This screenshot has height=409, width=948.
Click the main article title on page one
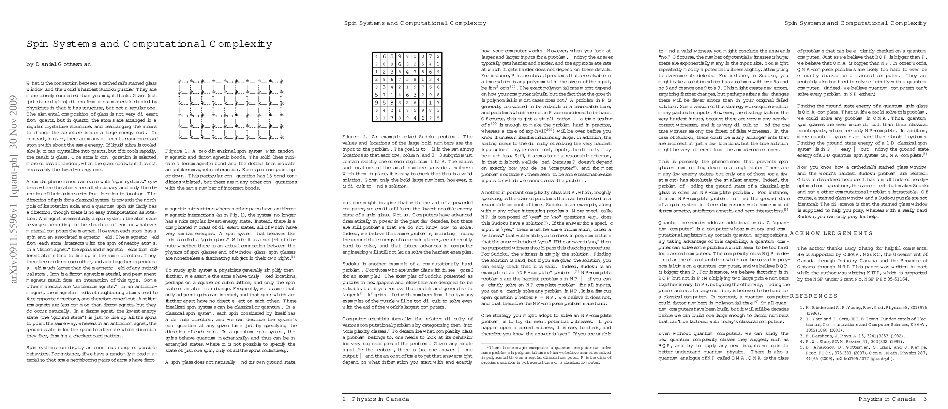point(149,44)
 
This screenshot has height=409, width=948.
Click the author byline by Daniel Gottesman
point(59,64)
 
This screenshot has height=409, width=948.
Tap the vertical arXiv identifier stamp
point(14,189)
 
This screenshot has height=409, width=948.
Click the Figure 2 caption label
point(356,137)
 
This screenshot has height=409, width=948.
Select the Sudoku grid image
point(407,87)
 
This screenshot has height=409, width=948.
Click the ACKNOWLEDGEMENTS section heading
point(831,233)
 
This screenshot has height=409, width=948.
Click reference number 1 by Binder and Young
point(863,308)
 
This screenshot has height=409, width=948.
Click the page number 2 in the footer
point(344,399)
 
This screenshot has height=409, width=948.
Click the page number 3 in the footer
point(925,399)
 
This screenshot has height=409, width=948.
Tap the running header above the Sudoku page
point(415,23)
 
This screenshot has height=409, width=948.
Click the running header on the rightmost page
point(855,23)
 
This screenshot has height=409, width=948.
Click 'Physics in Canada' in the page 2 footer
point(380,399)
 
